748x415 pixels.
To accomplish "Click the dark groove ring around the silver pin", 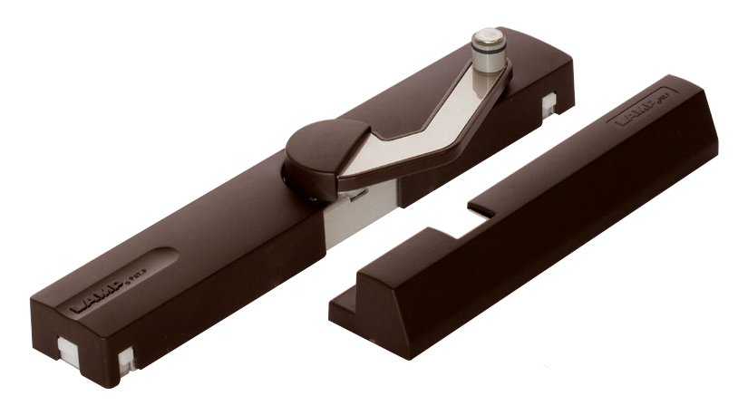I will pos(490,62).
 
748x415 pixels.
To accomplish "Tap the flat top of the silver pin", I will pos(489,38).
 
